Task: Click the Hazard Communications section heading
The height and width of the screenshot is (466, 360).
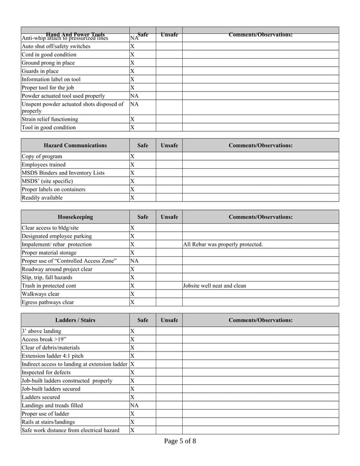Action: point(75,146)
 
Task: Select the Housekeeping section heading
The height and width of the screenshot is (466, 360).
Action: point(75,217)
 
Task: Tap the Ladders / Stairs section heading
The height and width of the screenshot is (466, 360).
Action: point(75,320)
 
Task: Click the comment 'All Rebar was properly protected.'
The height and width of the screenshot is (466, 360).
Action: point(223,245)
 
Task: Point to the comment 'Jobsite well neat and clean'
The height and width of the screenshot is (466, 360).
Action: point(214,286)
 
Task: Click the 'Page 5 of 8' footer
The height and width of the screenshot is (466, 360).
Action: point(180,442)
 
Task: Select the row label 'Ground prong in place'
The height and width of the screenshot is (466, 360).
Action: point(48,63)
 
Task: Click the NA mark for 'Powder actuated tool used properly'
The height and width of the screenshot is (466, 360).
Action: point(134,96)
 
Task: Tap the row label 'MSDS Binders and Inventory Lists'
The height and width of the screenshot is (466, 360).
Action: point(63,173)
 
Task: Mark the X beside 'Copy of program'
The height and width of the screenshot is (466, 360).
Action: point(133,156)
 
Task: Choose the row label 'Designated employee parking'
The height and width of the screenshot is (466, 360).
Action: point(56,236)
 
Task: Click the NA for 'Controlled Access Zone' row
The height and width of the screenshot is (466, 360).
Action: point(134,261)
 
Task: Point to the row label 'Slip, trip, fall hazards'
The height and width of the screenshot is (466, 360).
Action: point(47,278)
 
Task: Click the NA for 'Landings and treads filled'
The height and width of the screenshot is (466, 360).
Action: point(134,406)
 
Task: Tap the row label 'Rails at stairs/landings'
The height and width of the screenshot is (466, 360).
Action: point(48,422)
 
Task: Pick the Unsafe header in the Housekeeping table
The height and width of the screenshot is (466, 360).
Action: point(169,217)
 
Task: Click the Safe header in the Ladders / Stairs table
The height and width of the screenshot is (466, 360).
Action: point(143,320)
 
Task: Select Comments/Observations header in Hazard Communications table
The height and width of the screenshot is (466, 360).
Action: point(260,146)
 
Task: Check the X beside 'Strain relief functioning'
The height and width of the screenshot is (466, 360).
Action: point(133,120)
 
